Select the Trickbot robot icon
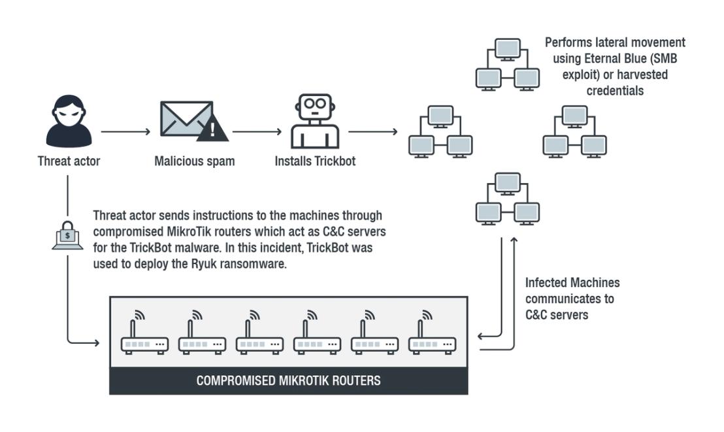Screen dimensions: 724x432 315,122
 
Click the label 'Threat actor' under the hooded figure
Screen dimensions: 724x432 69,161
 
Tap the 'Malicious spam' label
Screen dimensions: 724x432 194,161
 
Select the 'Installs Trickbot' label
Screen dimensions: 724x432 315,161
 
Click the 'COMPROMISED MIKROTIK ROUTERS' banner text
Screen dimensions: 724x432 289,381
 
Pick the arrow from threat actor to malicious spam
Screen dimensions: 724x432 125,131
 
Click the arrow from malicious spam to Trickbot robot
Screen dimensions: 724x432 257,131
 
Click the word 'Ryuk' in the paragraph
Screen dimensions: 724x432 203,264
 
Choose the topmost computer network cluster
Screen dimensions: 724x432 508,65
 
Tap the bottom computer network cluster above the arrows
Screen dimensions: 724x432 508,199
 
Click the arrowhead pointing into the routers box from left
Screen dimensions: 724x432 97,343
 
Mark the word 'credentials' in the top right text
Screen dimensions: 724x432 615,91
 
